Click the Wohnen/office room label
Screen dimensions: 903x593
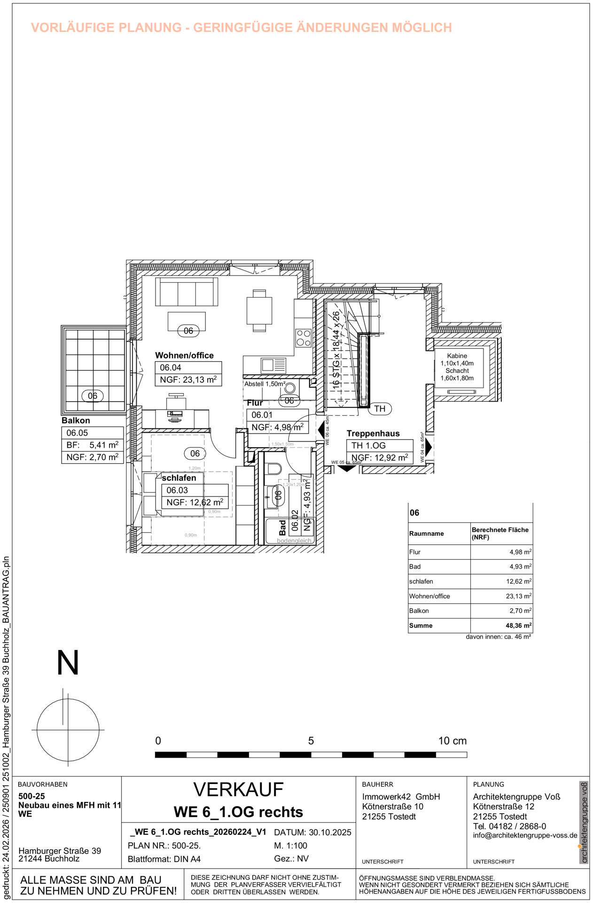tap(184, 356)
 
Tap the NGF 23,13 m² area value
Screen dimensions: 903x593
tap(188, 380)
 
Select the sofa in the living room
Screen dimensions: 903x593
tap(187, 292)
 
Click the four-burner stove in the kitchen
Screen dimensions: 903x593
tap(304, 337)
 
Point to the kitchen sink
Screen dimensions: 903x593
tap(267, 365)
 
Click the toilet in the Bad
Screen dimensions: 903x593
tap(273, 469)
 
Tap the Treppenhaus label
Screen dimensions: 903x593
tap(373, 434)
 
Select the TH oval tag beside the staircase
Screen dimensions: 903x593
tap(380, 409)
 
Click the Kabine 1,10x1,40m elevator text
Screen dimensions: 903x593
tap(457, 360)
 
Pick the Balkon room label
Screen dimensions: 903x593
tap(76, 420)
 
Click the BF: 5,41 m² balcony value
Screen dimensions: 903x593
tap(93, 445)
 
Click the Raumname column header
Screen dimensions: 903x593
tap(426, 533)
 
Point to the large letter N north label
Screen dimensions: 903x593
tap(68, 663)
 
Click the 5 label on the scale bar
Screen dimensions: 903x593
tap(311, 741)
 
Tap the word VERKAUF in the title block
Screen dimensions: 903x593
tap(238, 790)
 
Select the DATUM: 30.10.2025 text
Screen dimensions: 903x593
tap(312, 832)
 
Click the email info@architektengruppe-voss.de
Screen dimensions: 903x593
tap(525, 835)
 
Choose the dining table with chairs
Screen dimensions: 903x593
tap(259, 311)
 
